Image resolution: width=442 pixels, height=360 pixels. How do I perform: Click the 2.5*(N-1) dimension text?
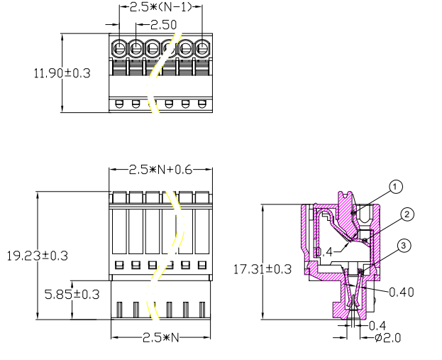click(160, 7)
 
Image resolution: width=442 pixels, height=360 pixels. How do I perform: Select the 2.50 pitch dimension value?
click(163, 25)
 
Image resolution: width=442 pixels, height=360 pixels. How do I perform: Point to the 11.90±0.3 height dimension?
click(62, 73)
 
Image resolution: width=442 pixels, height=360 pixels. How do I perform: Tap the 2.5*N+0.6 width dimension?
click(160, 170)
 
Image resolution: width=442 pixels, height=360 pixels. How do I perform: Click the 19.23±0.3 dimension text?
click(37, 256)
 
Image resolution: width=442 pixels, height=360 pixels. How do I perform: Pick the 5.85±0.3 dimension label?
click(72, 294)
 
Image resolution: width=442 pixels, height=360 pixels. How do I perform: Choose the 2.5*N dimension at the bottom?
click(160, 337)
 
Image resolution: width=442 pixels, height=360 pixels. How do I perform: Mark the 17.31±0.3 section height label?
click(263, 269)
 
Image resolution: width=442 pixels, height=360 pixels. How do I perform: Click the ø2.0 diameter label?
click(387, 337)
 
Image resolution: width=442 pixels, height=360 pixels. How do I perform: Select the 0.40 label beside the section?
click(402, 293)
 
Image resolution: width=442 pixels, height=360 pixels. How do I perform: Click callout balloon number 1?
click(395, 187)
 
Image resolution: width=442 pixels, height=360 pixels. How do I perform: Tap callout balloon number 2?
click(407, 214)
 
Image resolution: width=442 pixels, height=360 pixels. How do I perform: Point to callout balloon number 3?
click(404, 246)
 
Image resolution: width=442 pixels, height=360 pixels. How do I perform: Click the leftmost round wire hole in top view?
click(119, 48)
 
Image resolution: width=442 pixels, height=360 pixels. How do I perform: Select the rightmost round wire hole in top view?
click(201, 48)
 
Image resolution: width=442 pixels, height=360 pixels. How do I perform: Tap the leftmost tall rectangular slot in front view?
click(119, 231)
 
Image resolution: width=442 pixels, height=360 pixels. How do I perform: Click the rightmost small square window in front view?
click(201, 265)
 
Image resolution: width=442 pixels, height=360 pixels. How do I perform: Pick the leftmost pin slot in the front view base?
click(119, 310)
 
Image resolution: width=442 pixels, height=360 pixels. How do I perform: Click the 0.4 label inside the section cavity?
click(324, 251)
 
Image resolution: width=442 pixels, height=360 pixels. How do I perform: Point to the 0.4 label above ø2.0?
click(377, 326)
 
